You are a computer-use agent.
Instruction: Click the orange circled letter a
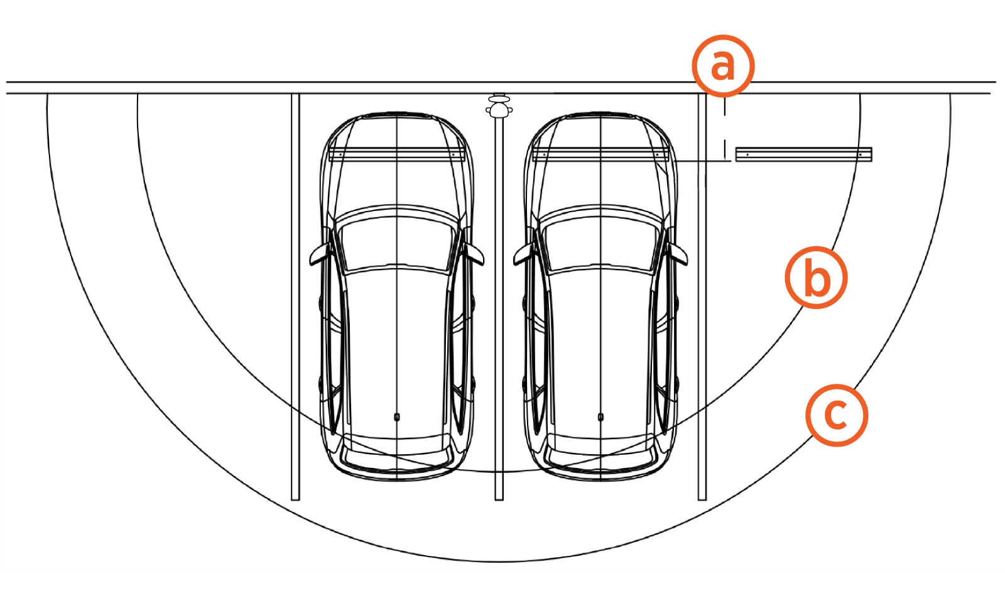[723, 66]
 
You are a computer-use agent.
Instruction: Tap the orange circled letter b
[816, 278]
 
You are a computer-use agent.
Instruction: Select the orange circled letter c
[837, 415]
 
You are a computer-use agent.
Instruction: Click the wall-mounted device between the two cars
[499, 106]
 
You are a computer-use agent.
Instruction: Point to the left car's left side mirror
[320, 254]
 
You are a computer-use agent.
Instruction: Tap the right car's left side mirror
[524, 254]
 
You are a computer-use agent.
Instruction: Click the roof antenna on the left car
[396, 417]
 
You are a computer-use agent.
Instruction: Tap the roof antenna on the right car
[600, 417]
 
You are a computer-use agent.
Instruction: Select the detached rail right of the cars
[803, 155]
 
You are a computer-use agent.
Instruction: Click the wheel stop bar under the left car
[396, 155]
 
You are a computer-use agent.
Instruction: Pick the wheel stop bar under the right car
[600, 155]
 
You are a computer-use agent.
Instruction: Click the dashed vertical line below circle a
[725, 129]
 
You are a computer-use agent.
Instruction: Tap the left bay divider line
[295, 296]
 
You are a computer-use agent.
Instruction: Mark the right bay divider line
[702, 296]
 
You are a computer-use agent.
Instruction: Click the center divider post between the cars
[499, 309]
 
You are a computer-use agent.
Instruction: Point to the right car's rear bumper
[600, 467]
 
